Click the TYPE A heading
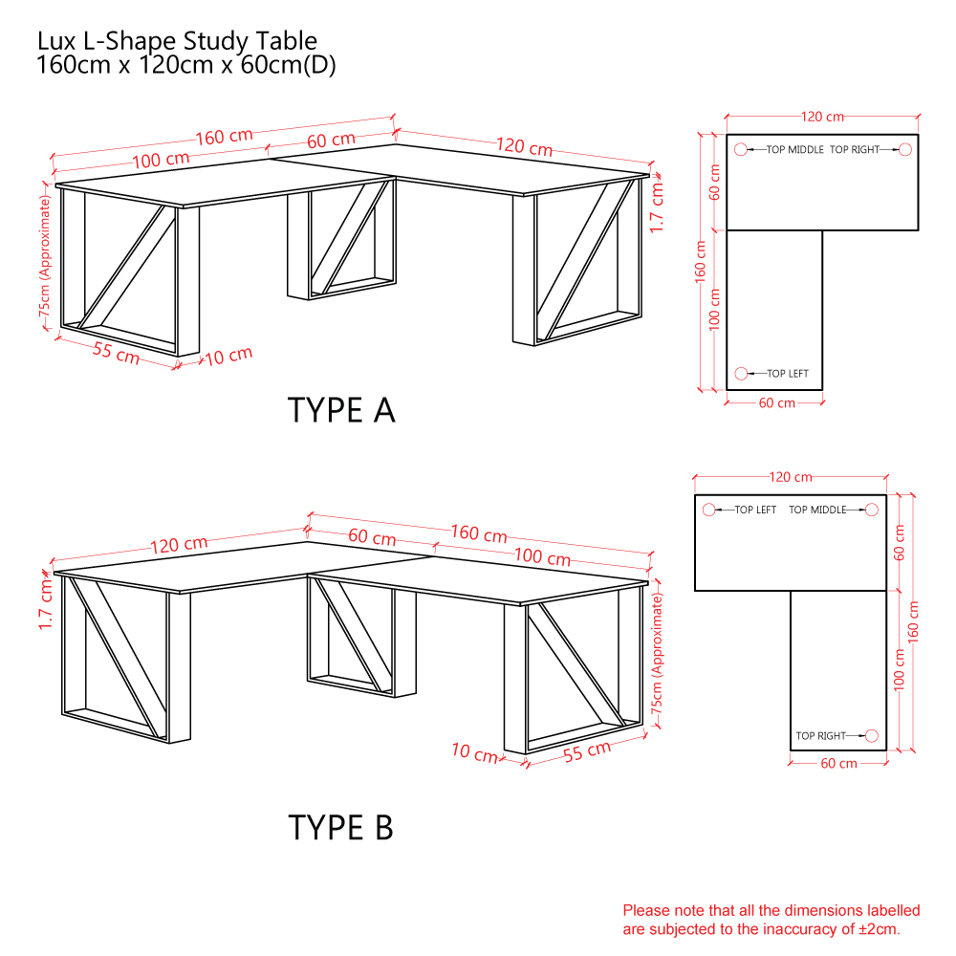click(x=341, y=410)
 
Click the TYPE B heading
click(x=341, y=827)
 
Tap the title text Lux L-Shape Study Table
click(x=177, y=41)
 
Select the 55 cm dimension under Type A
click(x=117, y=353)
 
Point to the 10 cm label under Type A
click(x=228, y=356)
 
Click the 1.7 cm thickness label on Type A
click(x=656, y=207)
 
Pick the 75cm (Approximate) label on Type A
click(x=45, y=256)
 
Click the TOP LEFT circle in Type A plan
click(x=741, y=373)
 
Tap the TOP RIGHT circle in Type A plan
click(x=905, y=149)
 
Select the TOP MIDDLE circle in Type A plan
click(x=741, y=149)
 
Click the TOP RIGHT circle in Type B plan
click(x=872, y=736)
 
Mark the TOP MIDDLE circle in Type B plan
click(x=872, y=510)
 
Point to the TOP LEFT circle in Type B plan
click(x=709, y=510)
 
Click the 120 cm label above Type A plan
click(x=822, y=117)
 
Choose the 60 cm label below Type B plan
click(x=839, y=763)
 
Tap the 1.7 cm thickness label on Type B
click(x=46, y=603)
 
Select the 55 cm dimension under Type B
click(x=587, y=751)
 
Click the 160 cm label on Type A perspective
click(x=225, y=137)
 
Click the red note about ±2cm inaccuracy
click(x=771, y=920)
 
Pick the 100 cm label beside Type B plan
click(x=900, y=670)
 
